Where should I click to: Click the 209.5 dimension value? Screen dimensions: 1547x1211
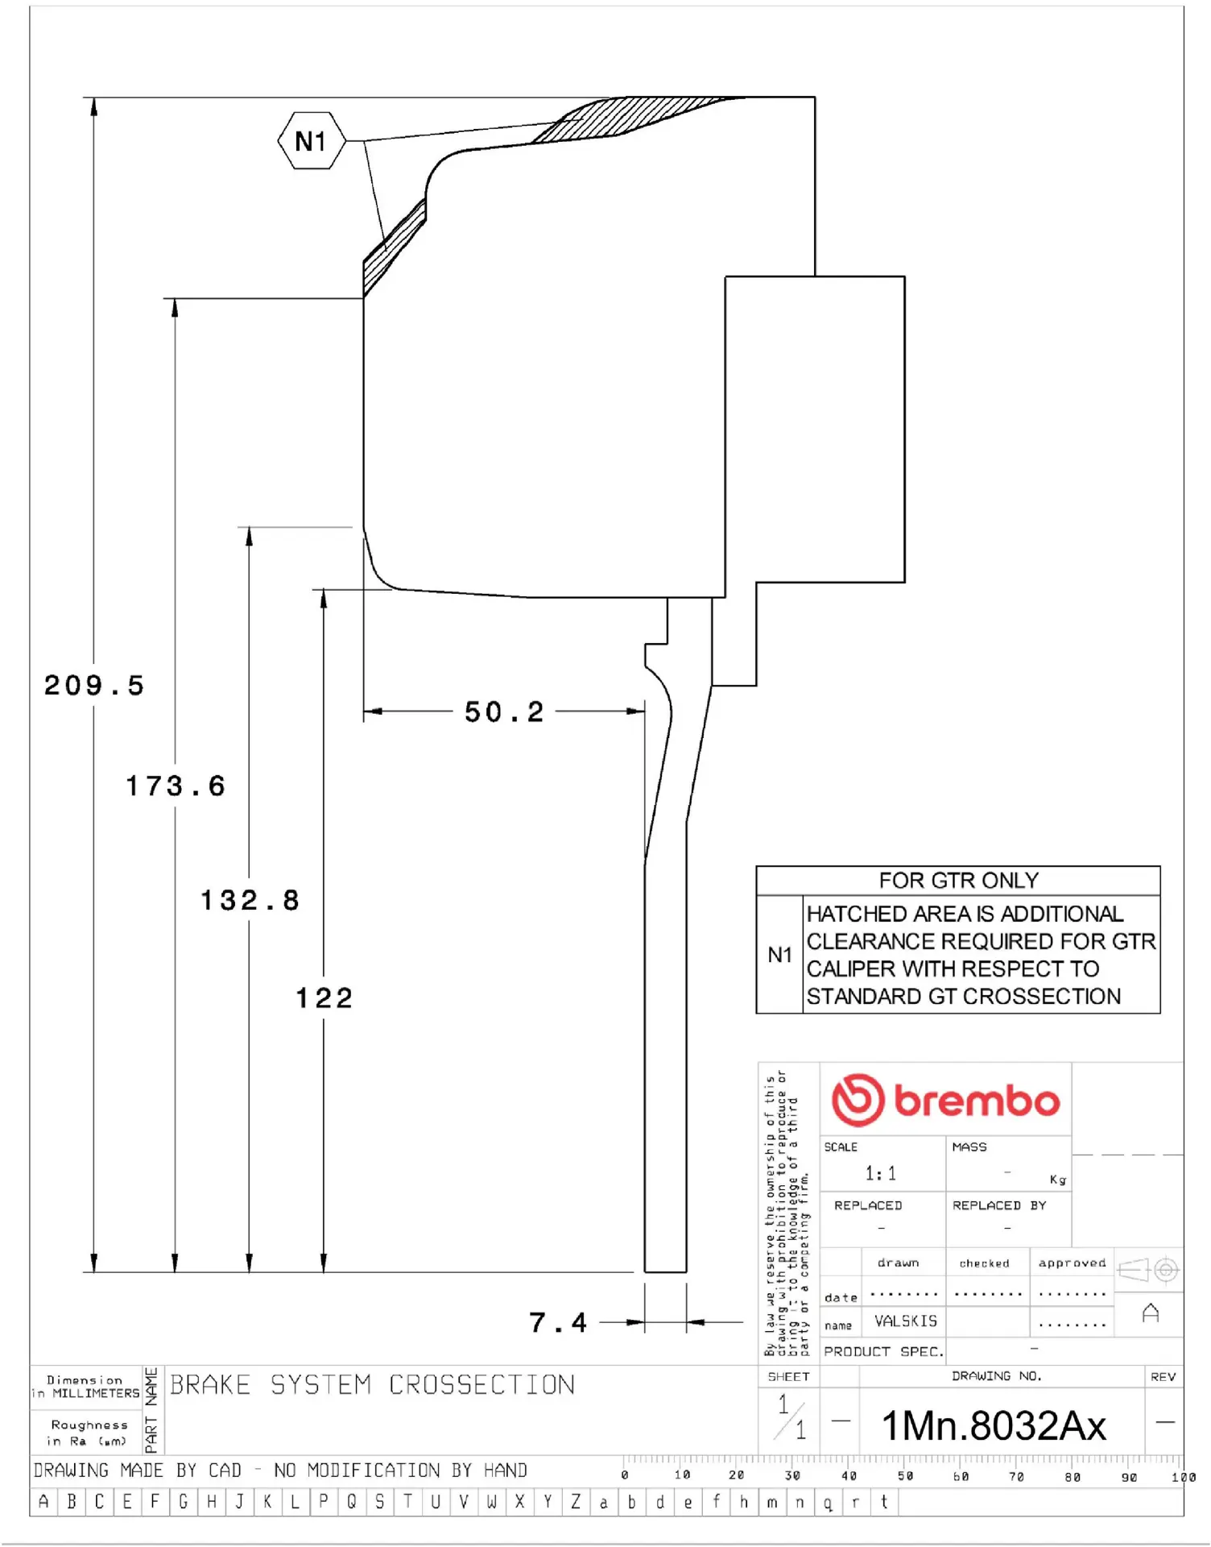(x=93, y=686)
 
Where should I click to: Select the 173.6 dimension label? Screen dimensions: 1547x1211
(x=176, y=786)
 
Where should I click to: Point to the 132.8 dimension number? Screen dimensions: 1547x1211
(x=250, y=900)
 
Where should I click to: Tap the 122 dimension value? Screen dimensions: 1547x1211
(x=324, y=998)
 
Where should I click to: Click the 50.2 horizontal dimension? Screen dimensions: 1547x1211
(x=504, y=711)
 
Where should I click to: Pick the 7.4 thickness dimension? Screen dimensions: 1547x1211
(x=557, y=1322)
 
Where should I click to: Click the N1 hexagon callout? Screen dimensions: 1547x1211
(x=312, y=141)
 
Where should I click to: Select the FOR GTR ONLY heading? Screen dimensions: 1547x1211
(x=958, y=880)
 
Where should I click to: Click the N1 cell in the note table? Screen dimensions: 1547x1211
(x=779, y=955)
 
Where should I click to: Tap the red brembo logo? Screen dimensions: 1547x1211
(x=945, y=1100)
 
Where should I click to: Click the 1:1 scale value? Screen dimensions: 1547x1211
(x=880, y=1173)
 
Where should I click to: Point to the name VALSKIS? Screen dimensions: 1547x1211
(x=906, y=1321)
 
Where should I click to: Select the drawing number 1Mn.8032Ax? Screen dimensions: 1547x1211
(x=994, y=1425)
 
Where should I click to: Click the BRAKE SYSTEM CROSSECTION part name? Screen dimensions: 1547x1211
(x=372, y=1385)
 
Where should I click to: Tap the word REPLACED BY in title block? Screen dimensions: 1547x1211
(x=998, y=1205)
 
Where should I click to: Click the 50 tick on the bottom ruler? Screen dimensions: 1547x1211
(x=905, y=1476)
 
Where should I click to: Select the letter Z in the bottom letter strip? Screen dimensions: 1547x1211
(x=576, y=1502)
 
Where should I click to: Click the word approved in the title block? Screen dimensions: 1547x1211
(x=1072, y=1263)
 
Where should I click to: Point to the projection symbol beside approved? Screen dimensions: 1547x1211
(x=1149, y=1270)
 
